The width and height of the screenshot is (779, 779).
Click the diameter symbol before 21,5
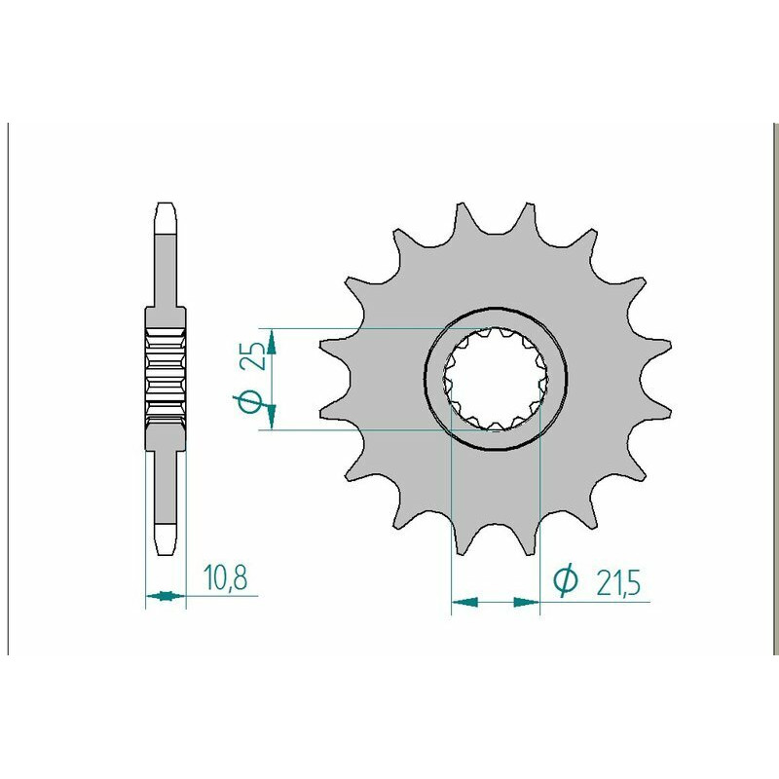(x=564, y=580)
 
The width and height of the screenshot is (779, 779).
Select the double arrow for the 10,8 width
(x=165, y=595)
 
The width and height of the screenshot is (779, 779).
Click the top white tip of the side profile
(x=165, y=218)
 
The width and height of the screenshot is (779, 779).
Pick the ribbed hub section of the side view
(x=165, y=374)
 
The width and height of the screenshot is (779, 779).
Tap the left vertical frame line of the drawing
(x=9, y=389)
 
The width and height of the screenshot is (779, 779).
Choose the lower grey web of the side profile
(x=165, y=482)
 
